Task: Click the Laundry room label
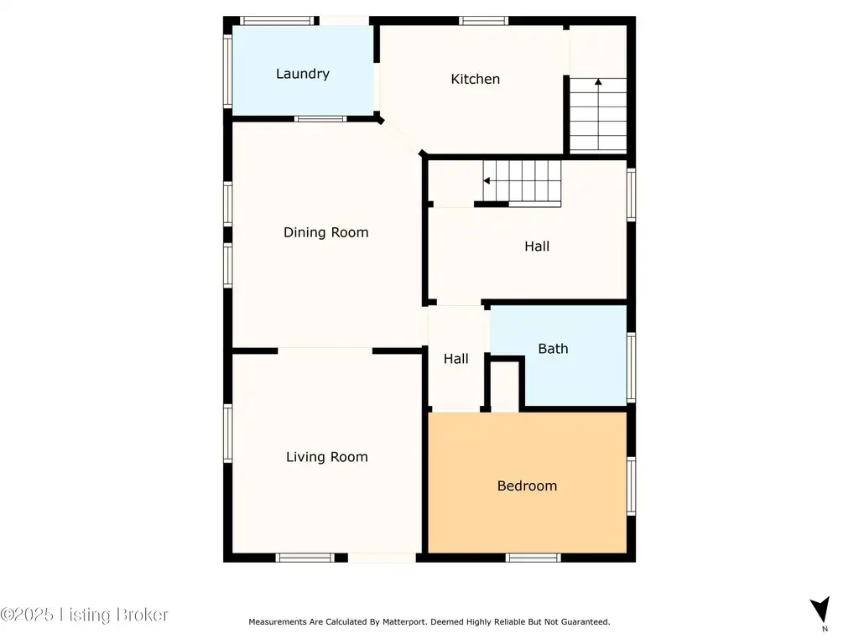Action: (302, 74)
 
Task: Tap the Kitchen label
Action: (475, 79)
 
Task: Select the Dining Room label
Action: (326, 233)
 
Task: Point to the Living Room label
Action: (326, 457)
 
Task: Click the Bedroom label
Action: (527, 486)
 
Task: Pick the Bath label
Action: (553, 349)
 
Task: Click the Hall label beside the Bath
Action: (456, 359)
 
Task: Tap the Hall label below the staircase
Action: (537, 247)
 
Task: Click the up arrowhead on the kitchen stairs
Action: (598, 81)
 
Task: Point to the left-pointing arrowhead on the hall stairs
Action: (486, 181)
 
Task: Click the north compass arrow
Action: (820, 609)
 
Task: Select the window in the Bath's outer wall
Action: (631, 367)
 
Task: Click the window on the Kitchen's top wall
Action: (483, 21)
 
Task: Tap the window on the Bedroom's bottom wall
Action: (533, 558)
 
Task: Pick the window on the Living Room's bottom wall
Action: (305, 558)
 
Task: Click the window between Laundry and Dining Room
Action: (320, 119)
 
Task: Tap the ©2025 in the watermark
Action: (27, 615)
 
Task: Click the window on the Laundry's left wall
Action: (227, 70)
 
